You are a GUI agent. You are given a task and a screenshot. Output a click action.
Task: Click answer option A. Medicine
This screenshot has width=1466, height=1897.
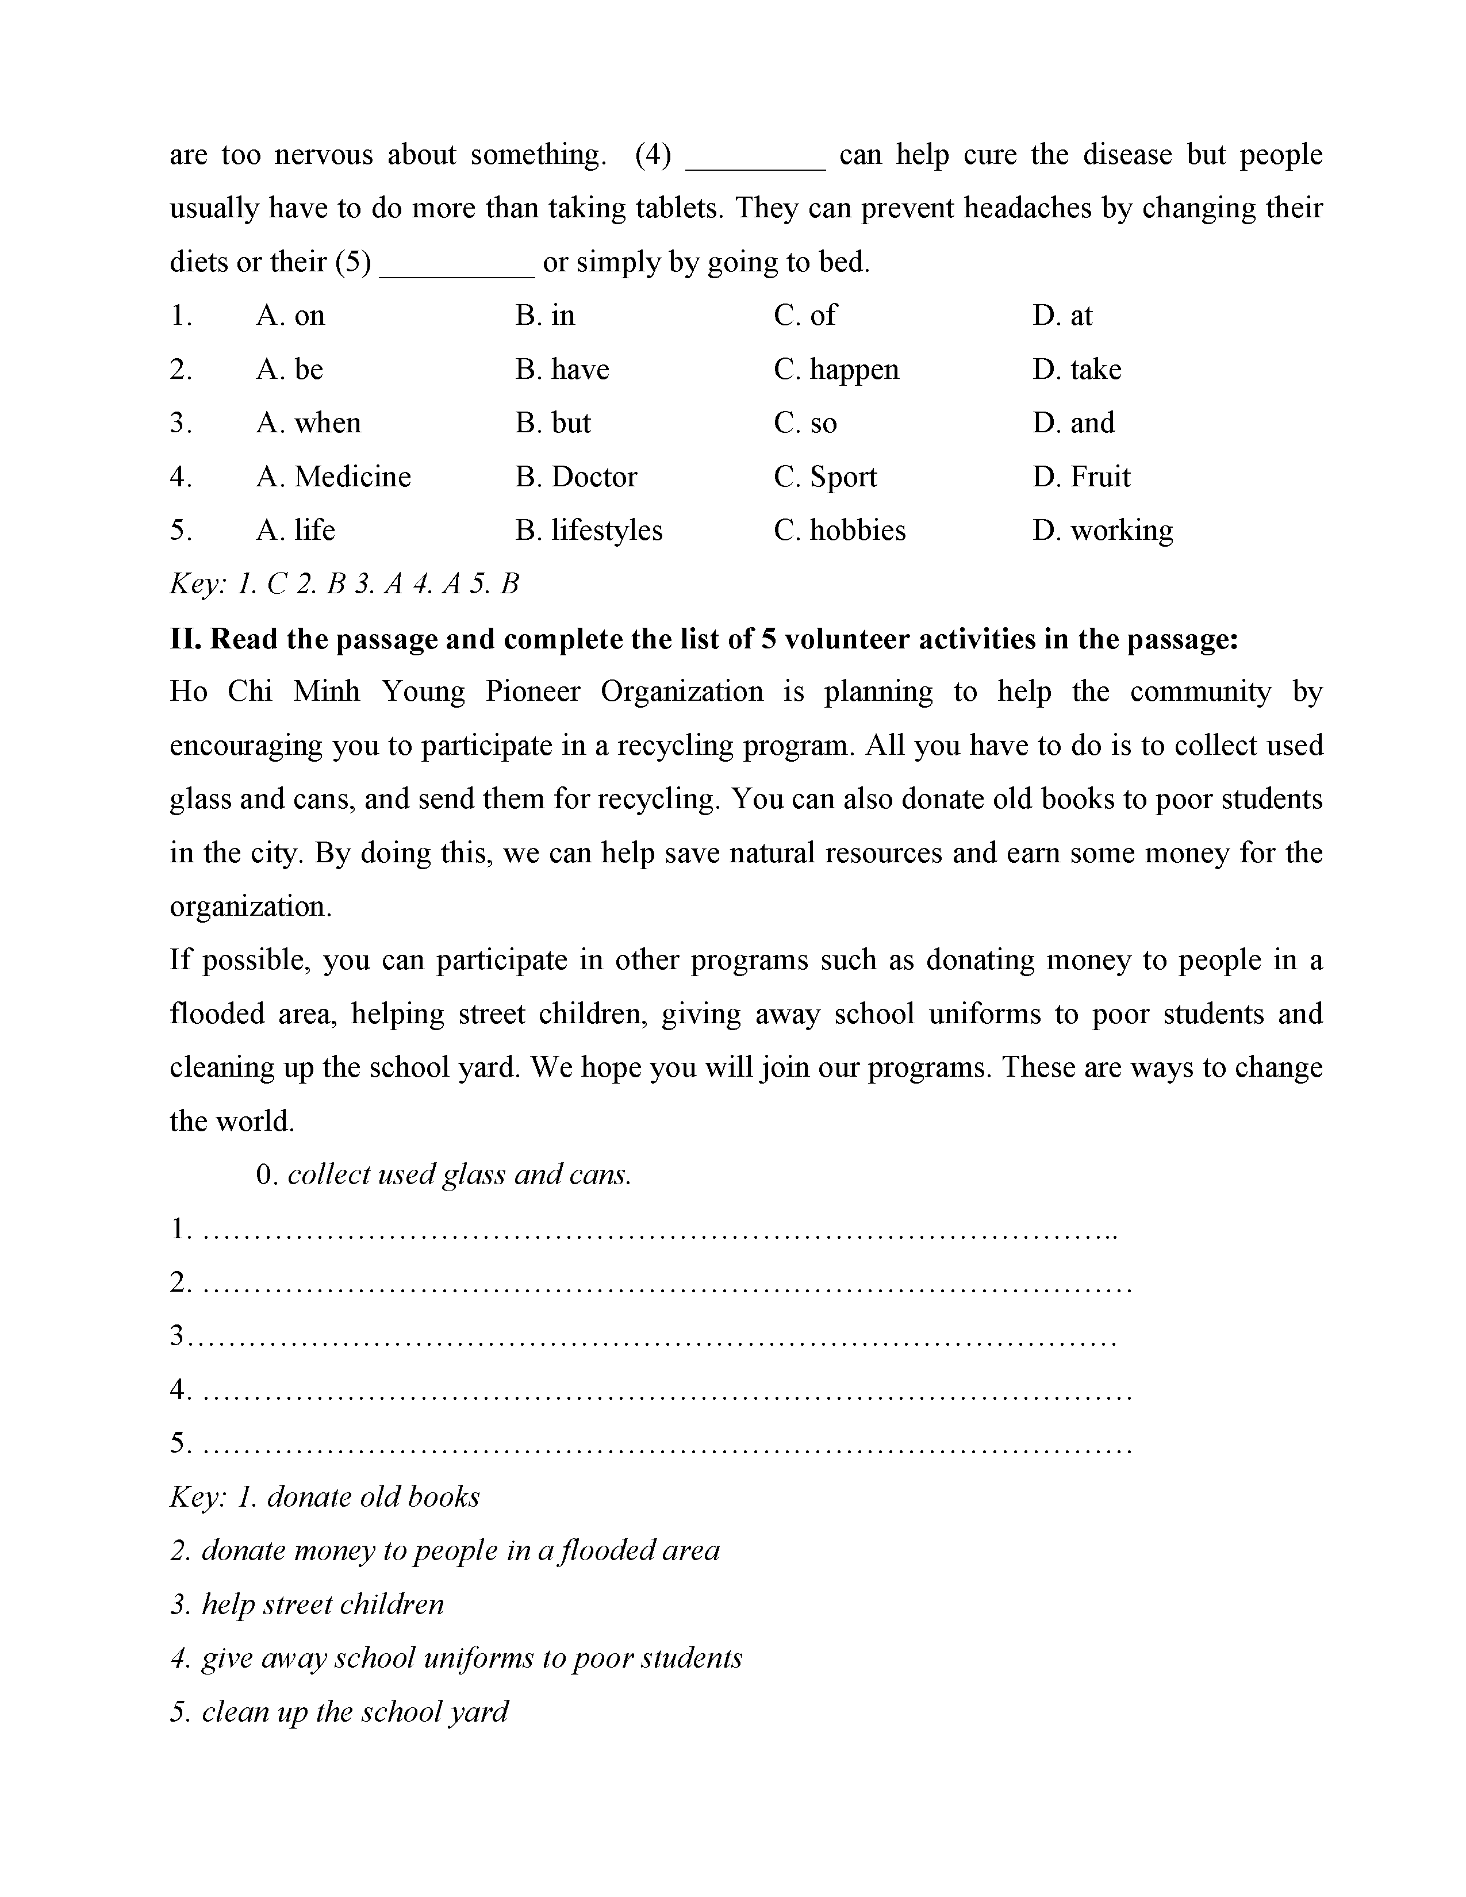(333, 477)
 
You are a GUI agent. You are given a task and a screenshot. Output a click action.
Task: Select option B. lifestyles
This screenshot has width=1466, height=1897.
(589, 531)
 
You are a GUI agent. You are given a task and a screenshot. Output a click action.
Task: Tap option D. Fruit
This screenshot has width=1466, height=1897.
(1081, 477)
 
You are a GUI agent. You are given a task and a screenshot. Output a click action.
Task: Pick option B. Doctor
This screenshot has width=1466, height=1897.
(576, 477)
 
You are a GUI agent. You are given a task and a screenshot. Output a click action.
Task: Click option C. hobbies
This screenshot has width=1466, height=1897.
(840, 531)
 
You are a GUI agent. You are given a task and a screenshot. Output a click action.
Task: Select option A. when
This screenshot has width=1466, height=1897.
(308, 423)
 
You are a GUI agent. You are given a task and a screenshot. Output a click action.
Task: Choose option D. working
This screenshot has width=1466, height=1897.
(1103, 531)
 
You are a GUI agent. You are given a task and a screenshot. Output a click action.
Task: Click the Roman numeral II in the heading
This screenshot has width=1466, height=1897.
(185, 639)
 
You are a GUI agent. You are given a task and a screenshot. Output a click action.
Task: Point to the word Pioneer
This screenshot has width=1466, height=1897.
(534, 692)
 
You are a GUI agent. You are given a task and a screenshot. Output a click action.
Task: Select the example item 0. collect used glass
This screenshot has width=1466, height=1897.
(443, 1175)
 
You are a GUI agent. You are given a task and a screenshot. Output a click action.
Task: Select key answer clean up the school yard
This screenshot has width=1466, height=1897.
(340, 1712)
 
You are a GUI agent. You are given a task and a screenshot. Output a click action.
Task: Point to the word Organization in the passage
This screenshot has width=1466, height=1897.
(682, 692)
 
